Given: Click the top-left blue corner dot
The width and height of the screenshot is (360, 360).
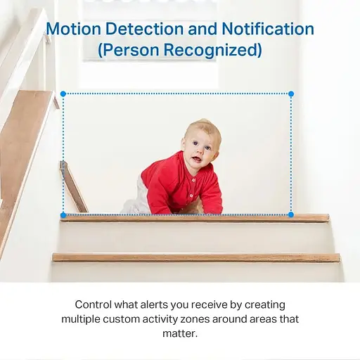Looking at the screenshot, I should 63,94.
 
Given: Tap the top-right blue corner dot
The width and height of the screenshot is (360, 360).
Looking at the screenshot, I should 291,94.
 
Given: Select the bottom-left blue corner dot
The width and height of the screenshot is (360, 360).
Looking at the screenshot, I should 63,214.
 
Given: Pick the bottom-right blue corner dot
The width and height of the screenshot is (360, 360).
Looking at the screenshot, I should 291,214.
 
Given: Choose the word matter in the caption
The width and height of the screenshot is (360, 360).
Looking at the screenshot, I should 179,333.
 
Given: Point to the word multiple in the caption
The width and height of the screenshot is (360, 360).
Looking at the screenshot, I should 82,319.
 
